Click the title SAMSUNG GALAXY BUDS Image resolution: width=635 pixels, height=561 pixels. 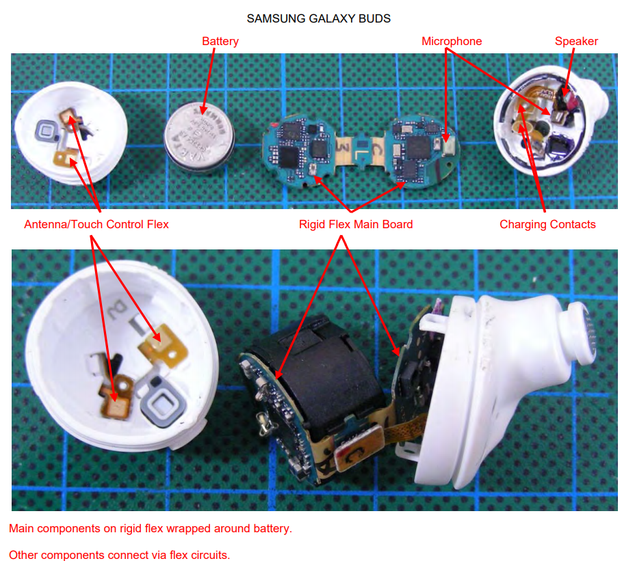click(x=318, y=18)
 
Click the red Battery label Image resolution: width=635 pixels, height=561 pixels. click(x=220, y=42)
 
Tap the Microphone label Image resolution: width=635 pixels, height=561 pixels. click(x=452, y=42)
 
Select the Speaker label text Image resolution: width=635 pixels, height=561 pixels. click(x=576, y=42)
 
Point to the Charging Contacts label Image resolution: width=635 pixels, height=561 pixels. click(x=547, y=224)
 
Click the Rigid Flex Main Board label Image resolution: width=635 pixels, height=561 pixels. click(x=356, y=224)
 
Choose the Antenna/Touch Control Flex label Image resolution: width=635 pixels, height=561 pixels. click(x=96, y=224)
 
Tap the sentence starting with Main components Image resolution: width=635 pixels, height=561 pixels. click(x=151, y=529)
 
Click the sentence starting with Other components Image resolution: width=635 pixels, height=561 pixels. click(x=120, y=554)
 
